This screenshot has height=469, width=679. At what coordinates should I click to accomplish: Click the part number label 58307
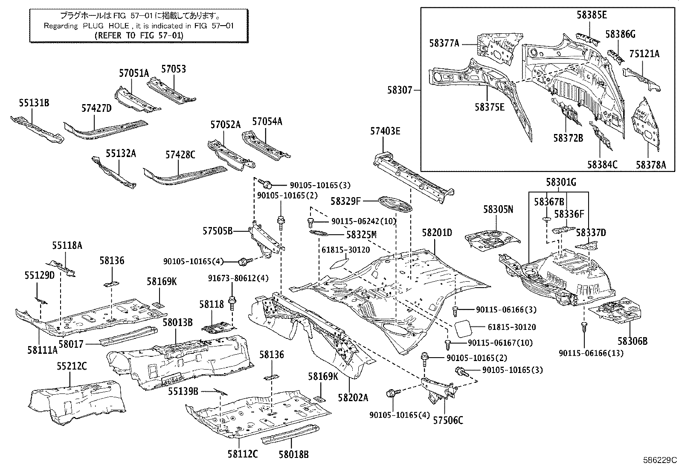(x=400, y=90)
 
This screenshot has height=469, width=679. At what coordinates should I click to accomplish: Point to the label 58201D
(x=437, y=233)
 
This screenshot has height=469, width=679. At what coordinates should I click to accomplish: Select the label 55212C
(x=72, y=366)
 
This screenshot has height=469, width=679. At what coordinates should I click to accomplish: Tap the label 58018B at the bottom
(x=294, y=454)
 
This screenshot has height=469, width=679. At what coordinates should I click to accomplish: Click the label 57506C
(x=448, y=420)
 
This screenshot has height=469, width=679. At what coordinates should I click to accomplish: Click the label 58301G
(x=561, y=182)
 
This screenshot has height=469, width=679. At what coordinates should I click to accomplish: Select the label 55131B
(x=34, y=103)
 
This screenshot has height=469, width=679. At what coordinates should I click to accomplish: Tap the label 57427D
(x=96, y=108)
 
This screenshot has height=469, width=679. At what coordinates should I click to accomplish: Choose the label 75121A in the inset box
(x=644, y=54)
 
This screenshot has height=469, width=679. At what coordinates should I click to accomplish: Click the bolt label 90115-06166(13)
(x=591, y=353)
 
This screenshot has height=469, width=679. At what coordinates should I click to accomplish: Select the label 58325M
(x=361, y=235)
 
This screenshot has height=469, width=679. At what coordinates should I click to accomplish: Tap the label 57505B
(x=218, y=231)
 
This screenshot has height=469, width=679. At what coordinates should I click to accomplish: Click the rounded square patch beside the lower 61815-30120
(x=464, y=329)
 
